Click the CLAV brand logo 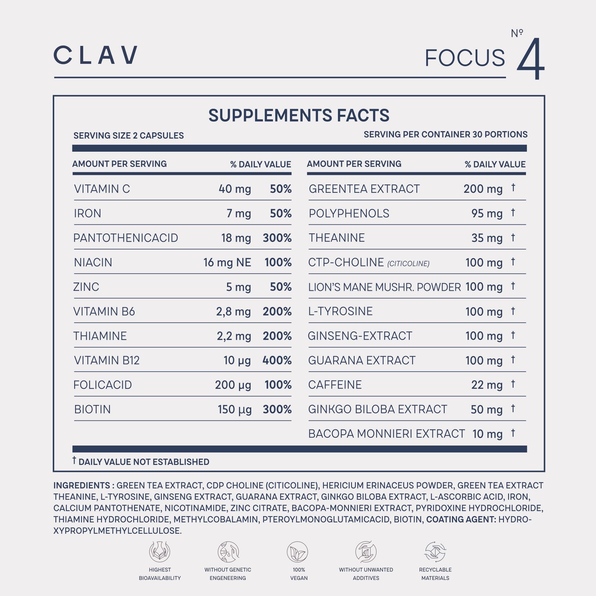pos(95,55)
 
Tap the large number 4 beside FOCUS pos(530,59)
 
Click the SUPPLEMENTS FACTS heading pos(299,115)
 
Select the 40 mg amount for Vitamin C pos(235,189)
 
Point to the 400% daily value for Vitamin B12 pos(277,360)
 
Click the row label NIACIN pos(93,263)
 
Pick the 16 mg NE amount pos(227,263)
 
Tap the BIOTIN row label pos(92,409)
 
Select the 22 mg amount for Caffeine pos(487,385)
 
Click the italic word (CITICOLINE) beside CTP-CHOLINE pos(408,264)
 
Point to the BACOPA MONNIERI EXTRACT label pos(386,434)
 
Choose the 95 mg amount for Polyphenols pos(487,213)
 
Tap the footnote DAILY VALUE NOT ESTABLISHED pos(143,462)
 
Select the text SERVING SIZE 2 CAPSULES pos(128,135)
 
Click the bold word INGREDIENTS pos(82,485)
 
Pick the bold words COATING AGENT pos(461,519)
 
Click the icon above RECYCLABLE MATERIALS pos(435,552)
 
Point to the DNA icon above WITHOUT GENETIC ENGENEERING pos(228,552)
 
